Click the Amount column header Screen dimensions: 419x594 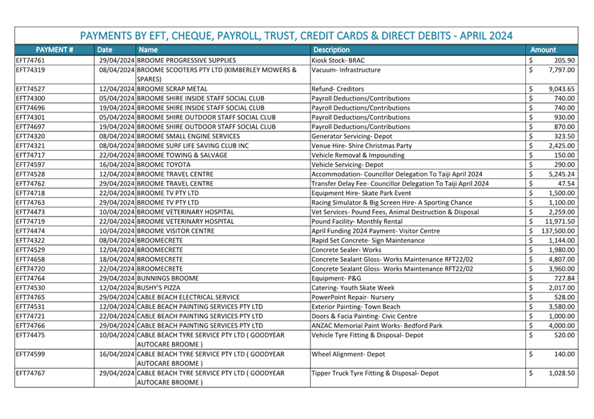(x=543, y=49)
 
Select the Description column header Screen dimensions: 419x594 (x=331, y=49)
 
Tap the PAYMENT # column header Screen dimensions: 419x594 (x=54, y=49)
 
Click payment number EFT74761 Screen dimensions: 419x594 (x=31, y=60)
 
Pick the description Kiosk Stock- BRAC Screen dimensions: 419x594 (x=338, y=60)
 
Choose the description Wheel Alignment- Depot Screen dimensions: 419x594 (x=348, y=354)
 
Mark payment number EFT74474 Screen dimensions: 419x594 (x=31, y=230)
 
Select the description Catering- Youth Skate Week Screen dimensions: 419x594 (x=353, y=288)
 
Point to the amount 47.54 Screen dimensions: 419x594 (x=566, y=184)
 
